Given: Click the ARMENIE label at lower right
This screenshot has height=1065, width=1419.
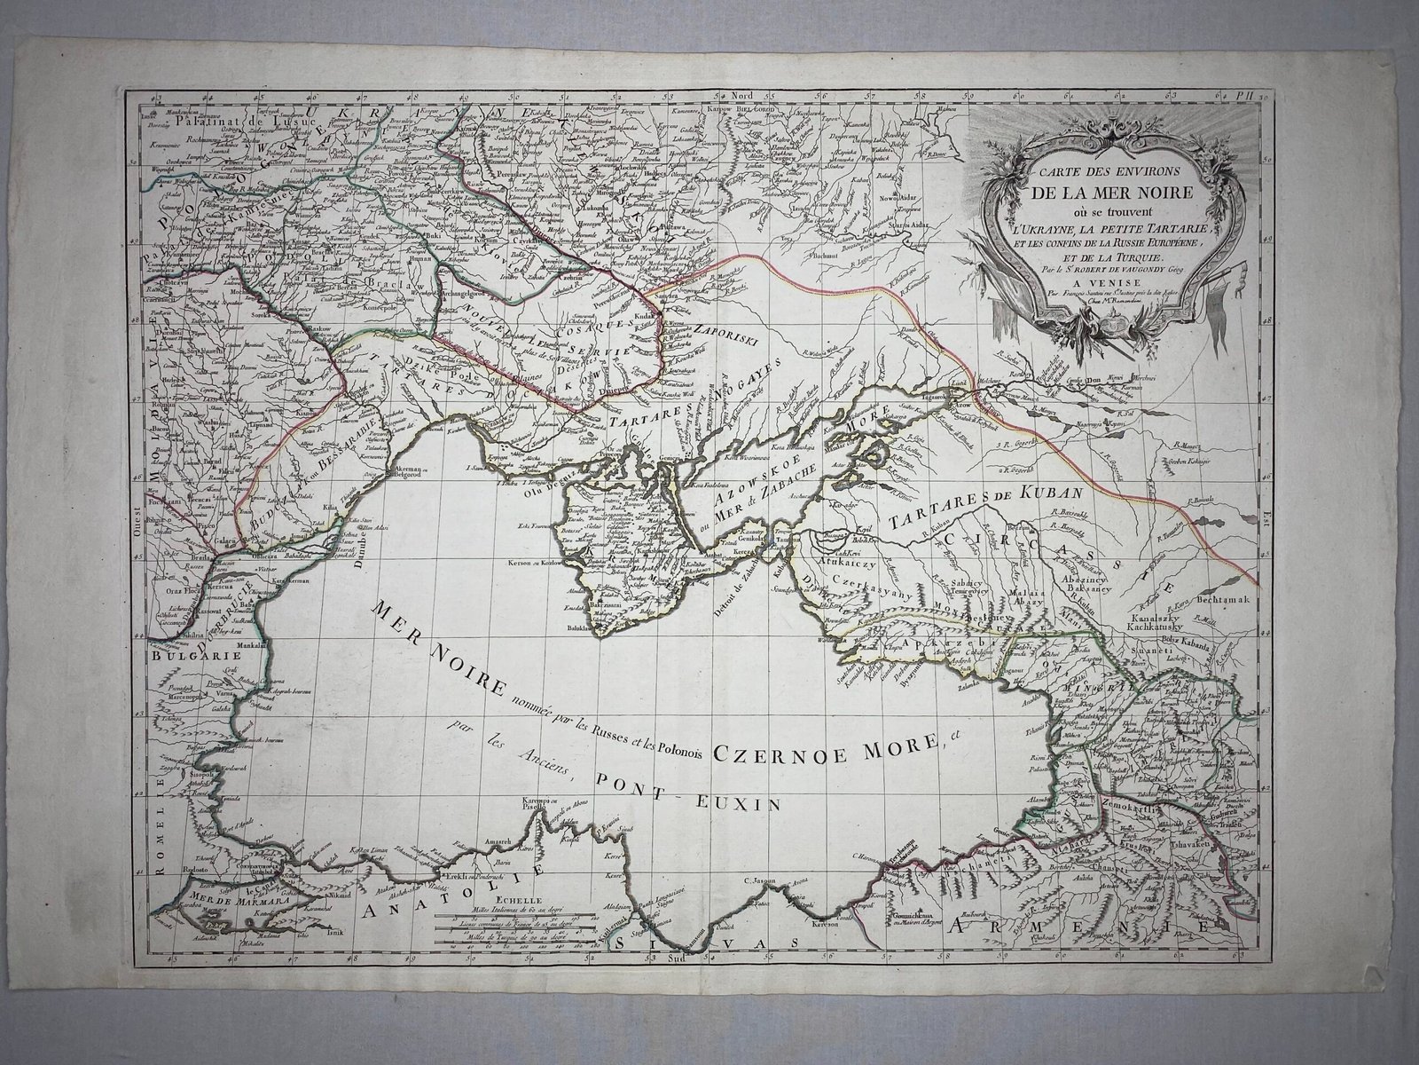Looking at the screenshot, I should (x=1082, y=926).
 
